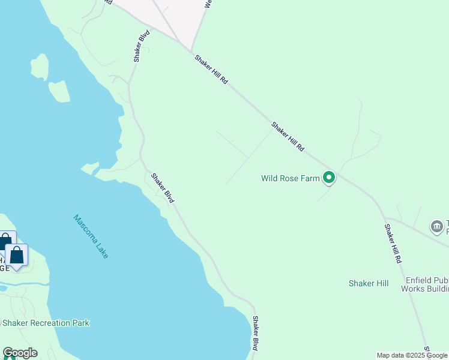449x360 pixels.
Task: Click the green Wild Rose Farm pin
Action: tap(328, 177)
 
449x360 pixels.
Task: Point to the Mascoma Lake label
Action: tap(91, 236)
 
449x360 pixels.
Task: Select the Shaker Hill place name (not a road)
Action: tap(369, 283)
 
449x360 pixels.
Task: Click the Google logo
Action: tap(20, 353)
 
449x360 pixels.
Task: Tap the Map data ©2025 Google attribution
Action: tap(412, 355)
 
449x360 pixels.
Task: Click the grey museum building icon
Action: tap(437, 227)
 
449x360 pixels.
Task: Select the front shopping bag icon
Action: tap(17, 255)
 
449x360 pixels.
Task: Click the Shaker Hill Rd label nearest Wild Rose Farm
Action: tap(288, 137)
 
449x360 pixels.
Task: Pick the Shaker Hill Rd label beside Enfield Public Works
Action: tap(393, 244)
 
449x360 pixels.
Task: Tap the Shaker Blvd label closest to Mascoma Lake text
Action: tap(162, 188)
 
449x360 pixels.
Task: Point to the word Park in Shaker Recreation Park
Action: tap(80, 323)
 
